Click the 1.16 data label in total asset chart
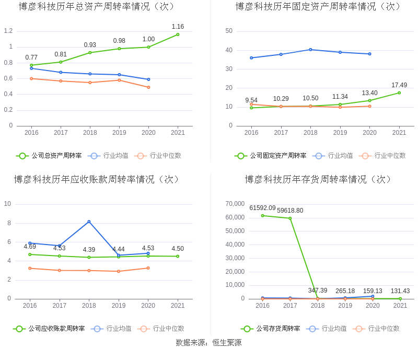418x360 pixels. tap(178, 27)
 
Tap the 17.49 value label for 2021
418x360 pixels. tap(399, 85)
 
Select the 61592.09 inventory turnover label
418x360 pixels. tap(262, 208)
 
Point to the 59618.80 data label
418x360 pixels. tap(290, 211)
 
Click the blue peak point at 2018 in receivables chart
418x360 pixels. tap(89, 222)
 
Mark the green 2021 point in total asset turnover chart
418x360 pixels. tap(178, 34)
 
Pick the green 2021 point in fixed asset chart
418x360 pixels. tap(399, 93)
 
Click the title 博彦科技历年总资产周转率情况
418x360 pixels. tap(97, 7)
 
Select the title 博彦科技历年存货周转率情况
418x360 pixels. tap(318, 179)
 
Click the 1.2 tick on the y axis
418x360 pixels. tap(8, 31)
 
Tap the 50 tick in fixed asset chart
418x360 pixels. tap(229, 31)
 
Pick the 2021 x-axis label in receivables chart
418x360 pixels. tap(178, 306)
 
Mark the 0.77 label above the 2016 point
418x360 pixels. tap(31, 57)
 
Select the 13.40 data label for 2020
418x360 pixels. tap(369, 93)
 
